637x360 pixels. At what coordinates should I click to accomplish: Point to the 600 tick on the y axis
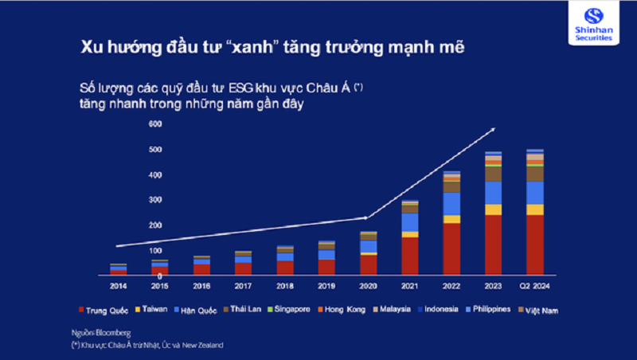tap(154, 124)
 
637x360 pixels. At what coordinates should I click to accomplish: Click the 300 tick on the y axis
tap(154, 200)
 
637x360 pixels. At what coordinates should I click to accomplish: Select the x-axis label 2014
tap(118, 284)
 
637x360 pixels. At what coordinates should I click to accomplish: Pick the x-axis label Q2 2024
tap(535, 284)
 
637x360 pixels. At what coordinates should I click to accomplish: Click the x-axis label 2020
tap(368, 284)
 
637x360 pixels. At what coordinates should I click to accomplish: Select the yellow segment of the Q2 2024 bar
tap(535, 209)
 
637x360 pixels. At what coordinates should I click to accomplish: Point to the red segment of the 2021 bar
tap(410, 256)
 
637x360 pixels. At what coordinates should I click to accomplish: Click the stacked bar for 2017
tap(243, 263)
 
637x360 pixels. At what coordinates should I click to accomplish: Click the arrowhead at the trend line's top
tap(492, 129)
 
